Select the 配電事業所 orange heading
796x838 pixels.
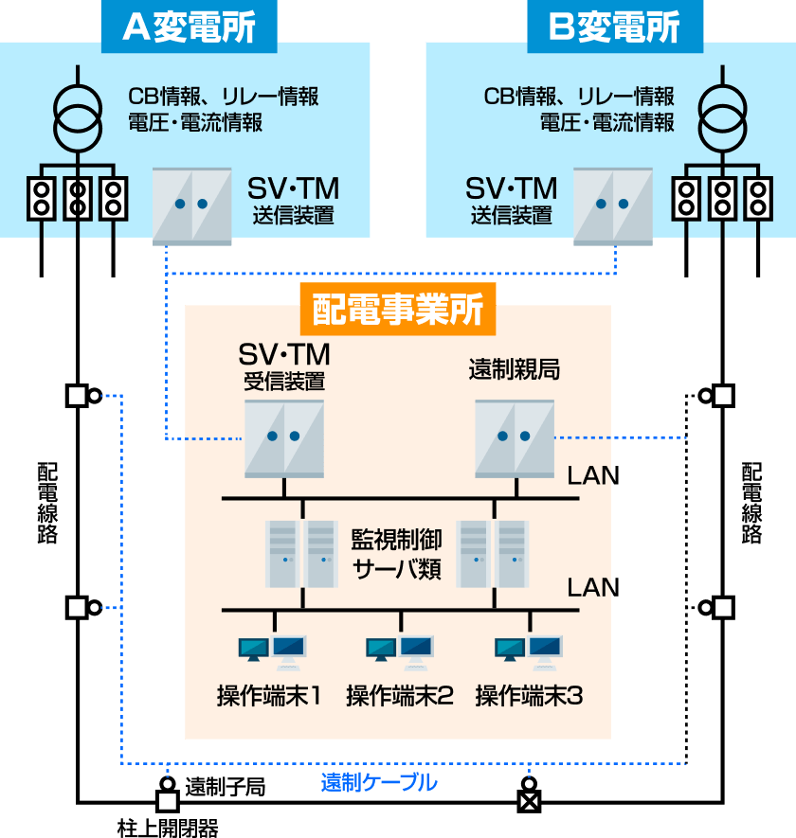(x=398, y=310)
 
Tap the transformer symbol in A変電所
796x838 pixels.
(x=77, y=114)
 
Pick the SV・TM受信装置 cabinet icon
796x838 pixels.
(x=284, y=437)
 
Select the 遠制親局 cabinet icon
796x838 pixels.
(x=515, y=437)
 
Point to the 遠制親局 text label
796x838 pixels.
(x=515, y=369)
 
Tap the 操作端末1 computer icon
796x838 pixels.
(x=272, y=649)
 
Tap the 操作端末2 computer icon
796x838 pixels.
(x=400, y=649)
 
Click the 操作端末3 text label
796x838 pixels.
(x=529, y=697)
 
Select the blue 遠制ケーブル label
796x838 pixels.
(x=379, y=783)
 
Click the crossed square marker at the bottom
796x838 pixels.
(x=529, y=802)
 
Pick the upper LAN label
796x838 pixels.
(x=588, y=476)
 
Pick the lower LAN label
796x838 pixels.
(x=588, y=588)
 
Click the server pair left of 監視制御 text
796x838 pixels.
(x=302, y=554)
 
